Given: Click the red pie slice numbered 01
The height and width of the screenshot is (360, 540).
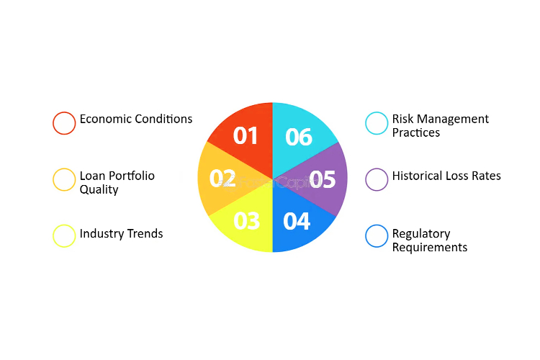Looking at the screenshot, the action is pos(246,138).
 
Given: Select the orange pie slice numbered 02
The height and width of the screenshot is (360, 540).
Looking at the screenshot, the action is pos(220,179).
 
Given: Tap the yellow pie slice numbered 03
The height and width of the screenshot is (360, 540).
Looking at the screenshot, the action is pos(246,220).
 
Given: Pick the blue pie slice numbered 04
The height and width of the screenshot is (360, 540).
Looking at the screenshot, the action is pos(298,220).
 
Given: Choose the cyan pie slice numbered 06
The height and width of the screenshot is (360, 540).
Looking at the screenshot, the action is pos(299,138).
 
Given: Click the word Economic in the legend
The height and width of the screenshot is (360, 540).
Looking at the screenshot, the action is pos(105,119).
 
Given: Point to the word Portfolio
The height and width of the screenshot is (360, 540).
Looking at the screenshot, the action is pos(131,176).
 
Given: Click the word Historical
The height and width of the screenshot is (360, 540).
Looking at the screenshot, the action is pos(418,176).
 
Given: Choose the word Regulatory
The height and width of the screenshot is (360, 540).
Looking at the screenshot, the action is pos(421,234).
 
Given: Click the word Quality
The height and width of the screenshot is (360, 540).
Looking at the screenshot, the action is pos(99,190).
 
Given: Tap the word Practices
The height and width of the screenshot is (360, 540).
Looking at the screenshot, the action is pos(416,132).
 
